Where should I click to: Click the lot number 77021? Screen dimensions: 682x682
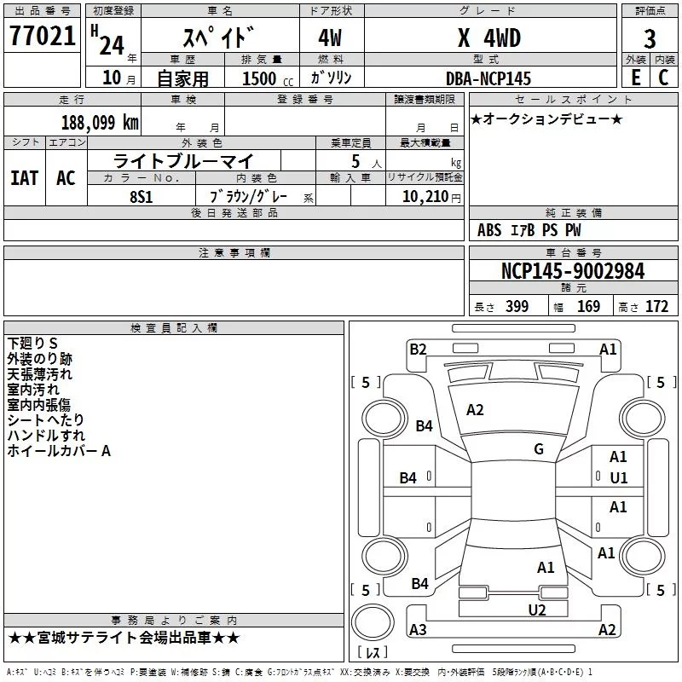(x=42, y=38)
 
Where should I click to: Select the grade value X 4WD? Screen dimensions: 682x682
(x=488, y=38)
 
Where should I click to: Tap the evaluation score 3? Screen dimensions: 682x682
(x=650, y=38)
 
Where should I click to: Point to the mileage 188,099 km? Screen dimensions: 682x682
(x=100, y=122)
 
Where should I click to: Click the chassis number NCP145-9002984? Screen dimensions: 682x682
(x=573, y=271)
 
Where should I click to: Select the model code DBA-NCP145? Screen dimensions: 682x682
(x=488, y=78)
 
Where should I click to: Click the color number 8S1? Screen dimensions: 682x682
(x=142, y=196)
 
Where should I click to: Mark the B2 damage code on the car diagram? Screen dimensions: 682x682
(x=418, y=349)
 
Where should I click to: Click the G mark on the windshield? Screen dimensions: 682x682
(x=539, y=449)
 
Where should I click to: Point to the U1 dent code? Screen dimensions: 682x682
(x=619, y=478)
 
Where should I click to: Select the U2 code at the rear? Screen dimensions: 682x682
(x=536, y=610)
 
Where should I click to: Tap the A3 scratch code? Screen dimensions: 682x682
(x=418, y=630)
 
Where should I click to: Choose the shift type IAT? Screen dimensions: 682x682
(x=24, y=178)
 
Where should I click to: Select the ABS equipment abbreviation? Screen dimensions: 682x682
(x=489, y=230)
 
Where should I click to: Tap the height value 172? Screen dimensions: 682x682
(x=656, y=307)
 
